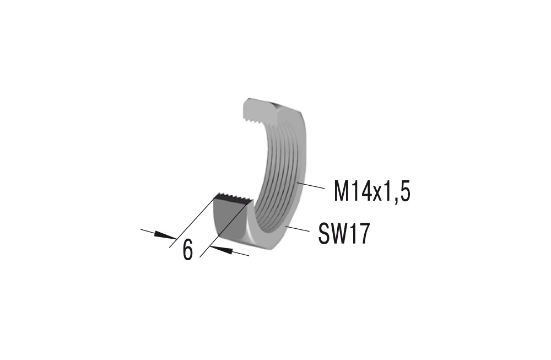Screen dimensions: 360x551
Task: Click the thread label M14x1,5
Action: pyautogui.click(x=372, y=192)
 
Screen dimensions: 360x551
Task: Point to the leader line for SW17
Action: pyautogui.click(x=298, y=228)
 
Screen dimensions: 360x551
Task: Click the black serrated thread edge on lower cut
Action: pyautogui.click(x=233, y=199)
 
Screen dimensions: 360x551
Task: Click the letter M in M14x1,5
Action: pyautogui.click(x=343, y=192)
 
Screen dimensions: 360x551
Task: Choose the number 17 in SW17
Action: pyautogui.click(x=358, y=235)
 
